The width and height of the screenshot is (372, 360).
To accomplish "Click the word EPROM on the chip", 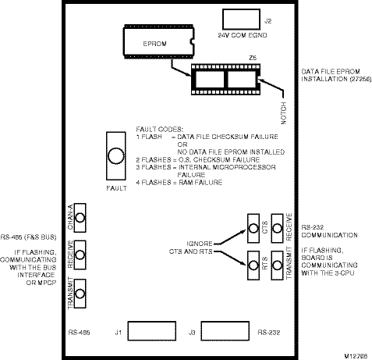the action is pyautogui.click(x=154, y=44).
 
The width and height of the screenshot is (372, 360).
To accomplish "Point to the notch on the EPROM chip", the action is pyautogui.click(x=192, y=41).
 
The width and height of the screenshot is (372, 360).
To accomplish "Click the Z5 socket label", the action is pyautogui.click(x=253, y=58).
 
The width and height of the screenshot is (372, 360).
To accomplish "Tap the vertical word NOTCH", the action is pyautogui.click(x=284, y=113).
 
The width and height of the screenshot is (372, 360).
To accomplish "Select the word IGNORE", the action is pyautogui.click(x=200, y=244).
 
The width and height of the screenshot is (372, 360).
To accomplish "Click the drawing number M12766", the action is pyautogui.click(x=356, y=356).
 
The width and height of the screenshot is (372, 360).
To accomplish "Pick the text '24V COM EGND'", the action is pyautogui.click(x=243, y=35).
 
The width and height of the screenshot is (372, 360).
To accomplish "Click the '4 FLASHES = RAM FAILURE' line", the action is pyautogui.click(x=179, y=183).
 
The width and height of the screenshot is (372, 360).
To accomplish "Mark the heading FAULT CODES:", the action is pyautogui.click(x=160, y=130).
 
